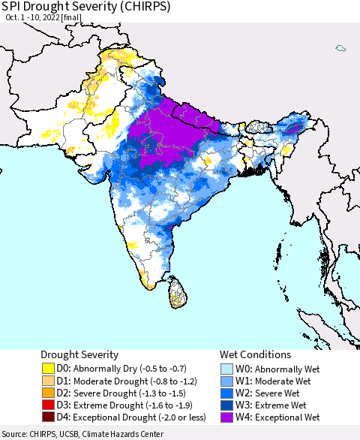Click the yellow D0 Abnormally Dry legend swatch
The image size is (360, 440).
48,369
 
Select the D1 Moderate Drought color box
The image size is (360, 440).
48,381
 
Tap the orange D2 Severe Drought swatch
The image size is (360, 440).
48,393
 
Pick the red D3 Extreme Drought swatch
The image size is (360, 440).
48,405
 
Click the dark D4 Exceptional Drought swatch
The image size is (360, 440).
48,417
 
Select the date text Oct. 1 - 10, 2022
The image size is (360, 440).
34,20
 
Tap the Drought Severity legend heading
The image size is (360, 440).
79,354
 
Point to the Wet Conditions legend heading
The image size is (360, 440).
255,354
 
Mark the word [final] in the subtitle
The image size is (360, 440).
80,20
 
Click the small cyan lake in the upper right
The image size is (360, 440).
341,49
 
